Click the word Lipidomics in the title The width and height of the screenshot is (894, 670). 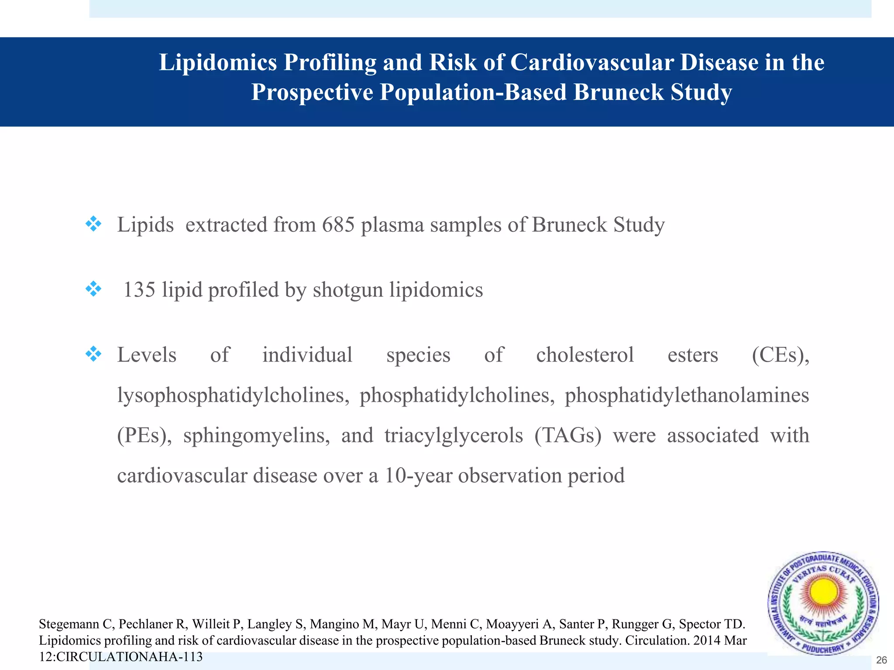tap(218, 62)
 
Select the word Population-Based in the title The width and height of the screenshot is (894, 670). tap(473, 92)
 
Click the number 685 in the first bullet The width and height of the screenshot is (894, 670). tap(338, 225)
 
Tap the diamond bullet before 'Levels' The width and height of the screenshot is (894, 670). tap(93, 354)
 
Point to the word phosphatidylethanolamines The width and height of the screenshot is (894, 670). tap(687, 396)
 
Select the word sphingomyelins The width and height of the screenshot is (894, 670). tap(256, 436)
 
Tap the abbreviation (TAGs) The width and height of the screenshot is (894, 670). tap(567, 436)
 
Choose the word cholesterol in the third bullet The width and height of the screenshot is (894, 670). tap(585, 355)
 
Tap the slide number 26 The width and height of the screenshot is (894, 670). tap(881, 660)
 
